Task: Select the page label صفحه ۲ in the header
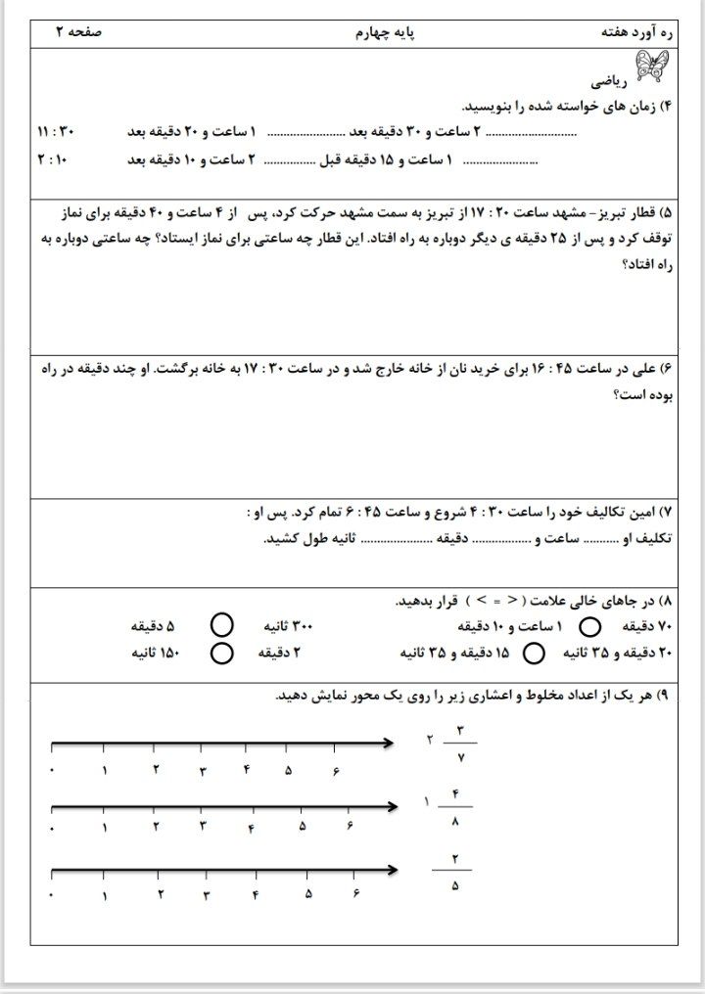(78, 33)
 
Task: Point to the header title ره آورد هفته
(637, 33)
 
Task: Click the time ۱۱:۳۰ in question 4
(55, 131)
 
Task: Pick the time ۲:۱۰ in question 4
(55, 158)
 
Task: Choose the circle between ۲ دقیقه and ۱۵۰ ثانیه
(222, 653)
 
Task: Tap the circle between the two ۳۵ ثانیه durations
(535, 653)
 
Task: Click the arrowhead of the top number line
(388, 745)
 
